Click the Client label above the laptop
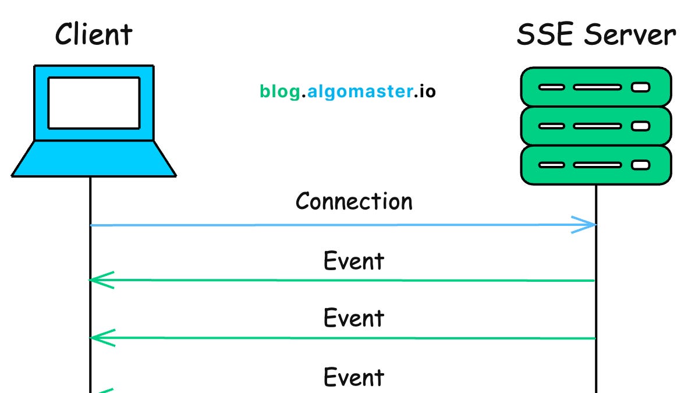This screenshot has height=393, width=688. pyautogui.click(x=94, y=35)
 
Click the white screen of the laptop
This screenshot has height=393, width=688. pyautogui.click(x=94, y=103)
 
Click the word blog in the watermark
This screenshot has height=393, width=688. pyautogui.click(x=280, y=92)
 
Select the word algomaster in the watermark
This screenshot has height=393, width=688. pyautogui.click(x=358, y=92)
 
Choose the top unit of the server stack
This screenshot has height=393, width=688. pyautogui.click(x=595, y=87)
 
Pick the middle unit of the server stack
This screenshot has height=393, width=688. pyautogui.click(x=595, y=126)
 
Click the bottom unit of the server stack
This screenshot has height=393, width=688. pyautogui.click(x=595, y=165)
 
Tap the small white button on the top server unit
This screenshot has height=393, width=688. pyautogui.click(x=640, y=88)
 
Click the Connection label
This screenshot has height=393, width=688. pyautogui.click(x=354, y=201)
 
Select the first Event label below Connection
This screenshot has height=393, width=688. pyautogui.click(x=354, y=261)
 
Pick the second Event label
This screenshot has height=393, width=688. pyautogui.click(x=354, y=318)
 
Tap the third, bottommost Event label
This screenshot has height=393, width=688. pyautogui.click(x=354, y=377)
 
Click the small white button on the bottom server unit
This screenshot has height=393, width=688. pyautogui.click(x=640, y=165)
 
